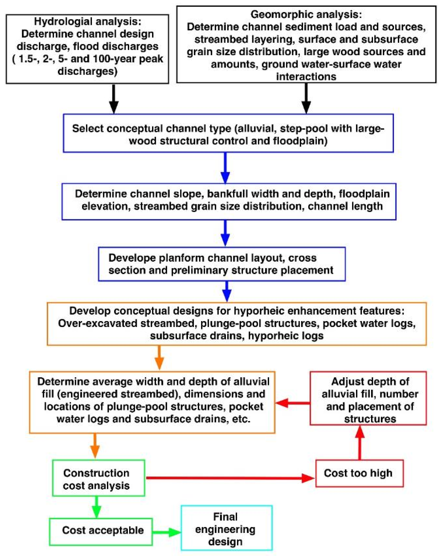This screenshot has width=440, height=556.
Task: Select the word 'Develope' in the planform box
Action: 129,258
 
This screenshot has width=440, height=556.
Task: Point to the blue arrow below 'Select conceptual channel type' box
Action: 225,167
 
